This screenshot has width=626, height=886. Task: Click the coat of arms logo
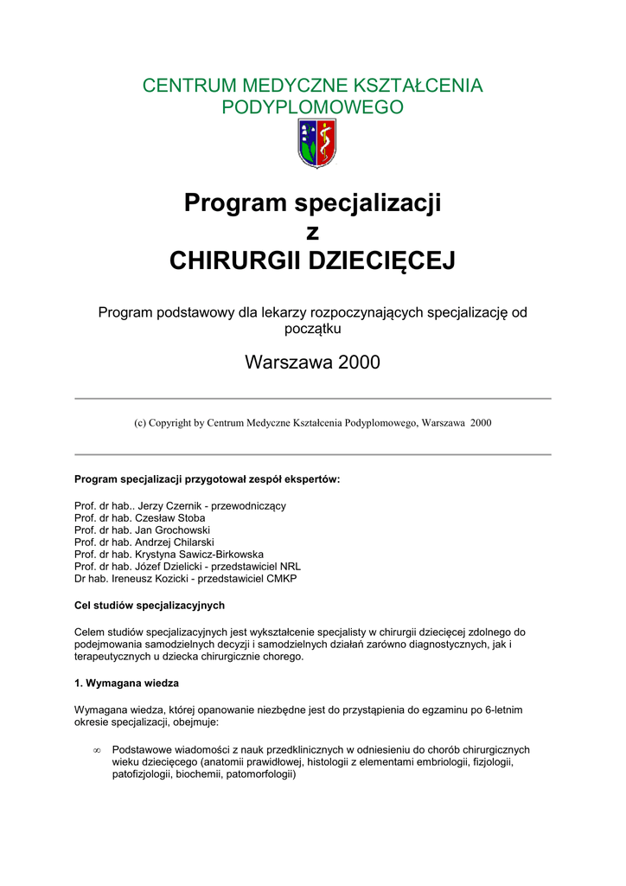pos(316,144)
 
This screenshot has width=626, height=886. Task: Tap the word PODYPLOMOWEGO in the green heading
pos(313,108)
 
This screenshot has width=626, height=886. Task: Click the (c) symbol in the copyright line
pos(139,423)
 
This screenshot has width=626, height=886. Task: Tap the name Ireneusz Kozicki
pos(150,578)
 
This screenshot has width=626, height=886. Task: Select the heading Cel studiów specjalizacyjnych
pos(150,605)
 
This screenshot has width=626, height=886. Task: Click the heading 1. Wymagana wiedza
pos(127,683)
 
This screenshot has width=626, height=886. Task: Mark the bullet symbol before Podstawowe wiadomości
pos(97,750)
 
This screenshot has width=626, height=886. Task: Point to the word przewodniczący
pos(249,505)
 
